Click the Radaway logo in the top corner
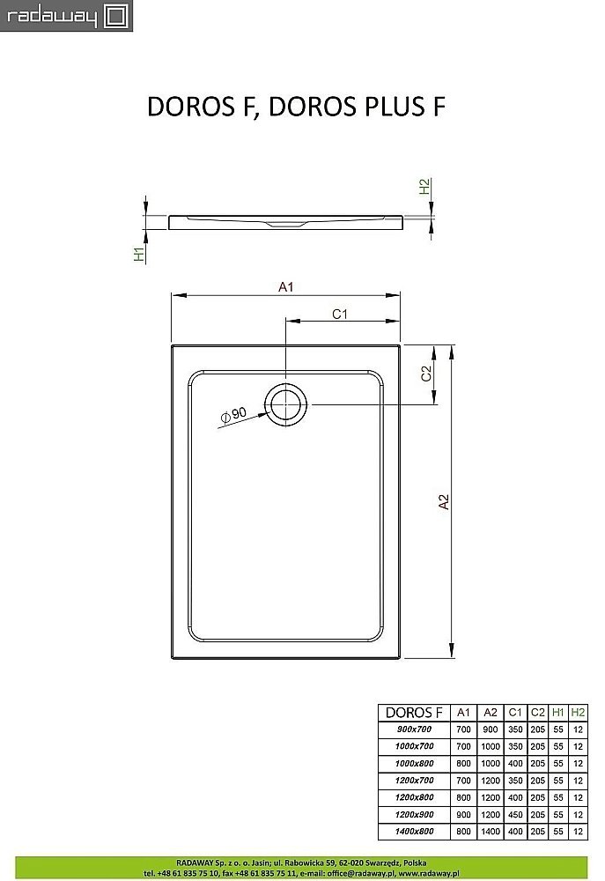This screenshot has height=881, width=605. pyautogui.click(x=66, y=15)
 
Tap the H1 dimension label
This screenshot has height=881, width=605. pyautogui.click(x=138, y=255)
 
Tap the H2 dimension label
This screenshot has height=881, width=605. pyautogui.click(x=424, y=186)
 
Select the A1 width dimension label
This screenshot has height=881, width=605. pyautogui.click(x=285, y=286)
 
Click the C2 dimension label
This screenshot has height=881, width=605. pyautogui.click(x=425, y=374)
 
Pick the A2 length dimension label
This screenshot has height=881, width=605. pyautogui.click(x=445, y=501)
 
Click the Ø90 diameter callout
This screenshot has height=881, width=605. pyautogui.click(x=233, y=415)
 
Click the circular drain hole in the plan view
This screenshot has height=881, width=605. pyautogui.click(x=287, y=404)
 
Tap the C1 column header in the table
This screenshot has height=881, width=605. pyautogui.click(x=515, y=712)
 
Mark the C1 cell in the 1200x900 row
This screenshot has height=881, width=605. pyautogui.click(x=515, y=813)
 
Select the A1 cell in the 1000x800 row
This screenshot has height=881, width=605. pyautogui.click(x=463, y=763)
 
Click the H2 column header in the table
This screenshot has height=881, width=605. pyautogui.click(x=577, y=712)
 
